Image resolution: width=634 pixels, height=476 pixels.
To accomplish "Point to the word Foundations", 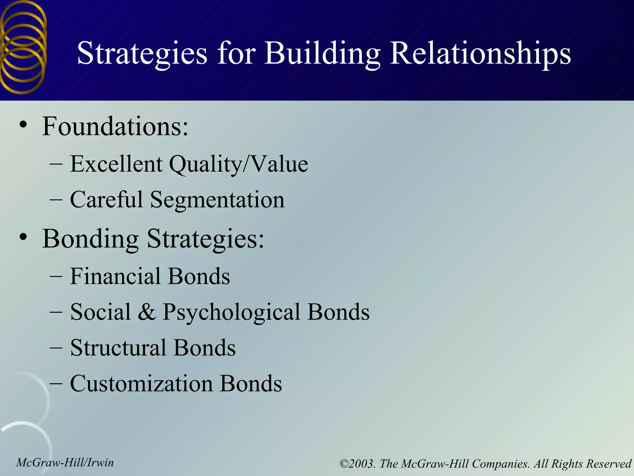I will pos(115,126).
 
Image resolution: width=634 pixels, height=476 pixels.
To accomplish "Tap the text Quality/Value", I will pos(238,164).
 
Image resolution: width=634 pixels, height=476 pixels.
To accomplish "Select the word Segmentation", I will pos(217,200).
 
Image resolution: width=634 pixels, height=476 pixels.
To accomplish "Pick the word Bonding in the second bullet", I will pos(90,239).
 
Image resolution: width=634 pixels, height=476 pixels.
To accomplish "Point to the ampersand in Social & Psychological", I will pos(146,312).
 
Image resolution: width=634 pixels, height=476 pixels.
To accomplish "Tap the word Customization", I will pos(141,384).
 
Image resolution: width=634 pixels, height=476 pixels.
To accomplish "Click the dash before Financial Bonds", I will pos(56,276).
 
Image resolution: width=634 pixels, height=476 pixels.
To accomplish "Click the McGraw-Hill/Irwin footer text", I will pos(65,462).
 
